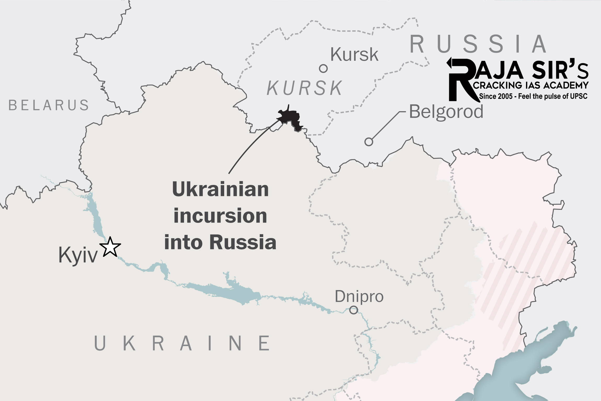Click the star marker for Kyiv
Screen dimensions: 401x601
tap(110, 247)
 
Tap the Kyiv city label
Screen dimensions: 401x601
tap(78, 255)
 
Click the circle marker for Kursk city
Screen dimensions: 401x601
tap(323, 69)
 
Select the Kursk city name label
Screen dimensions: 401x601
tap(354, 55)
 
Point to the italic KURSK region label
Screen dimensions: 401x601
tap(305, 88)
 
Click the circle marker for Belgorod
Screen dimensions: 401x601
tap(369, 142)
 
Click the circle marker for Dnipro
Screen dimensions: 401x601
tap(354, 310)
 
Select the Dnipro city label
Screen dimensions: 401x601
tap(359, 296)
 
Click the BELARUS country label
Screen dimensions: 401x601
tap(49, 105)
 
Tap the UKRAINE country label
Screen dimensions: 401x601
tap(182, 343)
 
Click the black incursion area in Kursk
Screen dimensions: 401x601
tap(290, 116)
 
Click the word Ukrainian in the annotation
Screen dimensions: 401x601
tap(220, 189)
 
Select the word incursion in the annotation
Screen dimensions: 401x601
tap(220, 216)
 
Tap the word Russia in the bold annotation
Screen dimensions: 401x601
tap(243, 242)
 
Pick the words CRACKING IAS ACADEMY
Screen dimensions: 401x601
tap(530, 85)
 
